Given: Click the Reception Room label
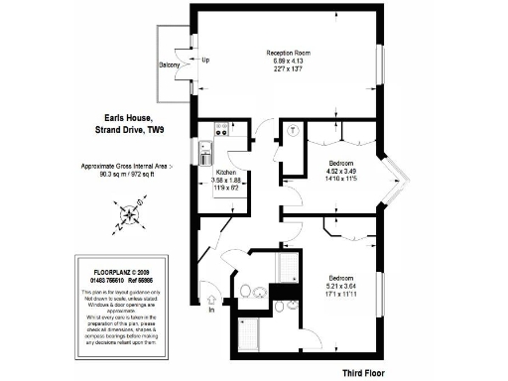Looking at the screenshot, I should pos(288,54).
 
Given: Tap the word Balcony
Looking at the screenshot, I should pos(170,65).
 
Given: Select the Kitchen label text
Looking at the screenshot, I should pos(225,171).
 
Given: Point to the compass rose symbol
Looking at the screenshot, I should pos(130,212).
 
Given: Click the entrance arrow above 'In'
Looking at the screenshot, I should pos(211,297).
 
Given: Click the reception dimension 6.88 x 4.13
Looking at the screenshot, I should pos(288,63).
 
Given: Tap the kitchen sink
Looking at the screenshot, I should pos(204,154).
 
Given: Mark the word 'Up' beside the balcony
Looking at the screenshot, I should pos(205,60).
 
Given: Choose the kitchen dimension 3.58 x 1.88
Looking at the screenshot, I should pos(225,180).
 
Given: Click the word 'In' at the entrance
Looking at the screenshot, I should pos(211,312).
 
